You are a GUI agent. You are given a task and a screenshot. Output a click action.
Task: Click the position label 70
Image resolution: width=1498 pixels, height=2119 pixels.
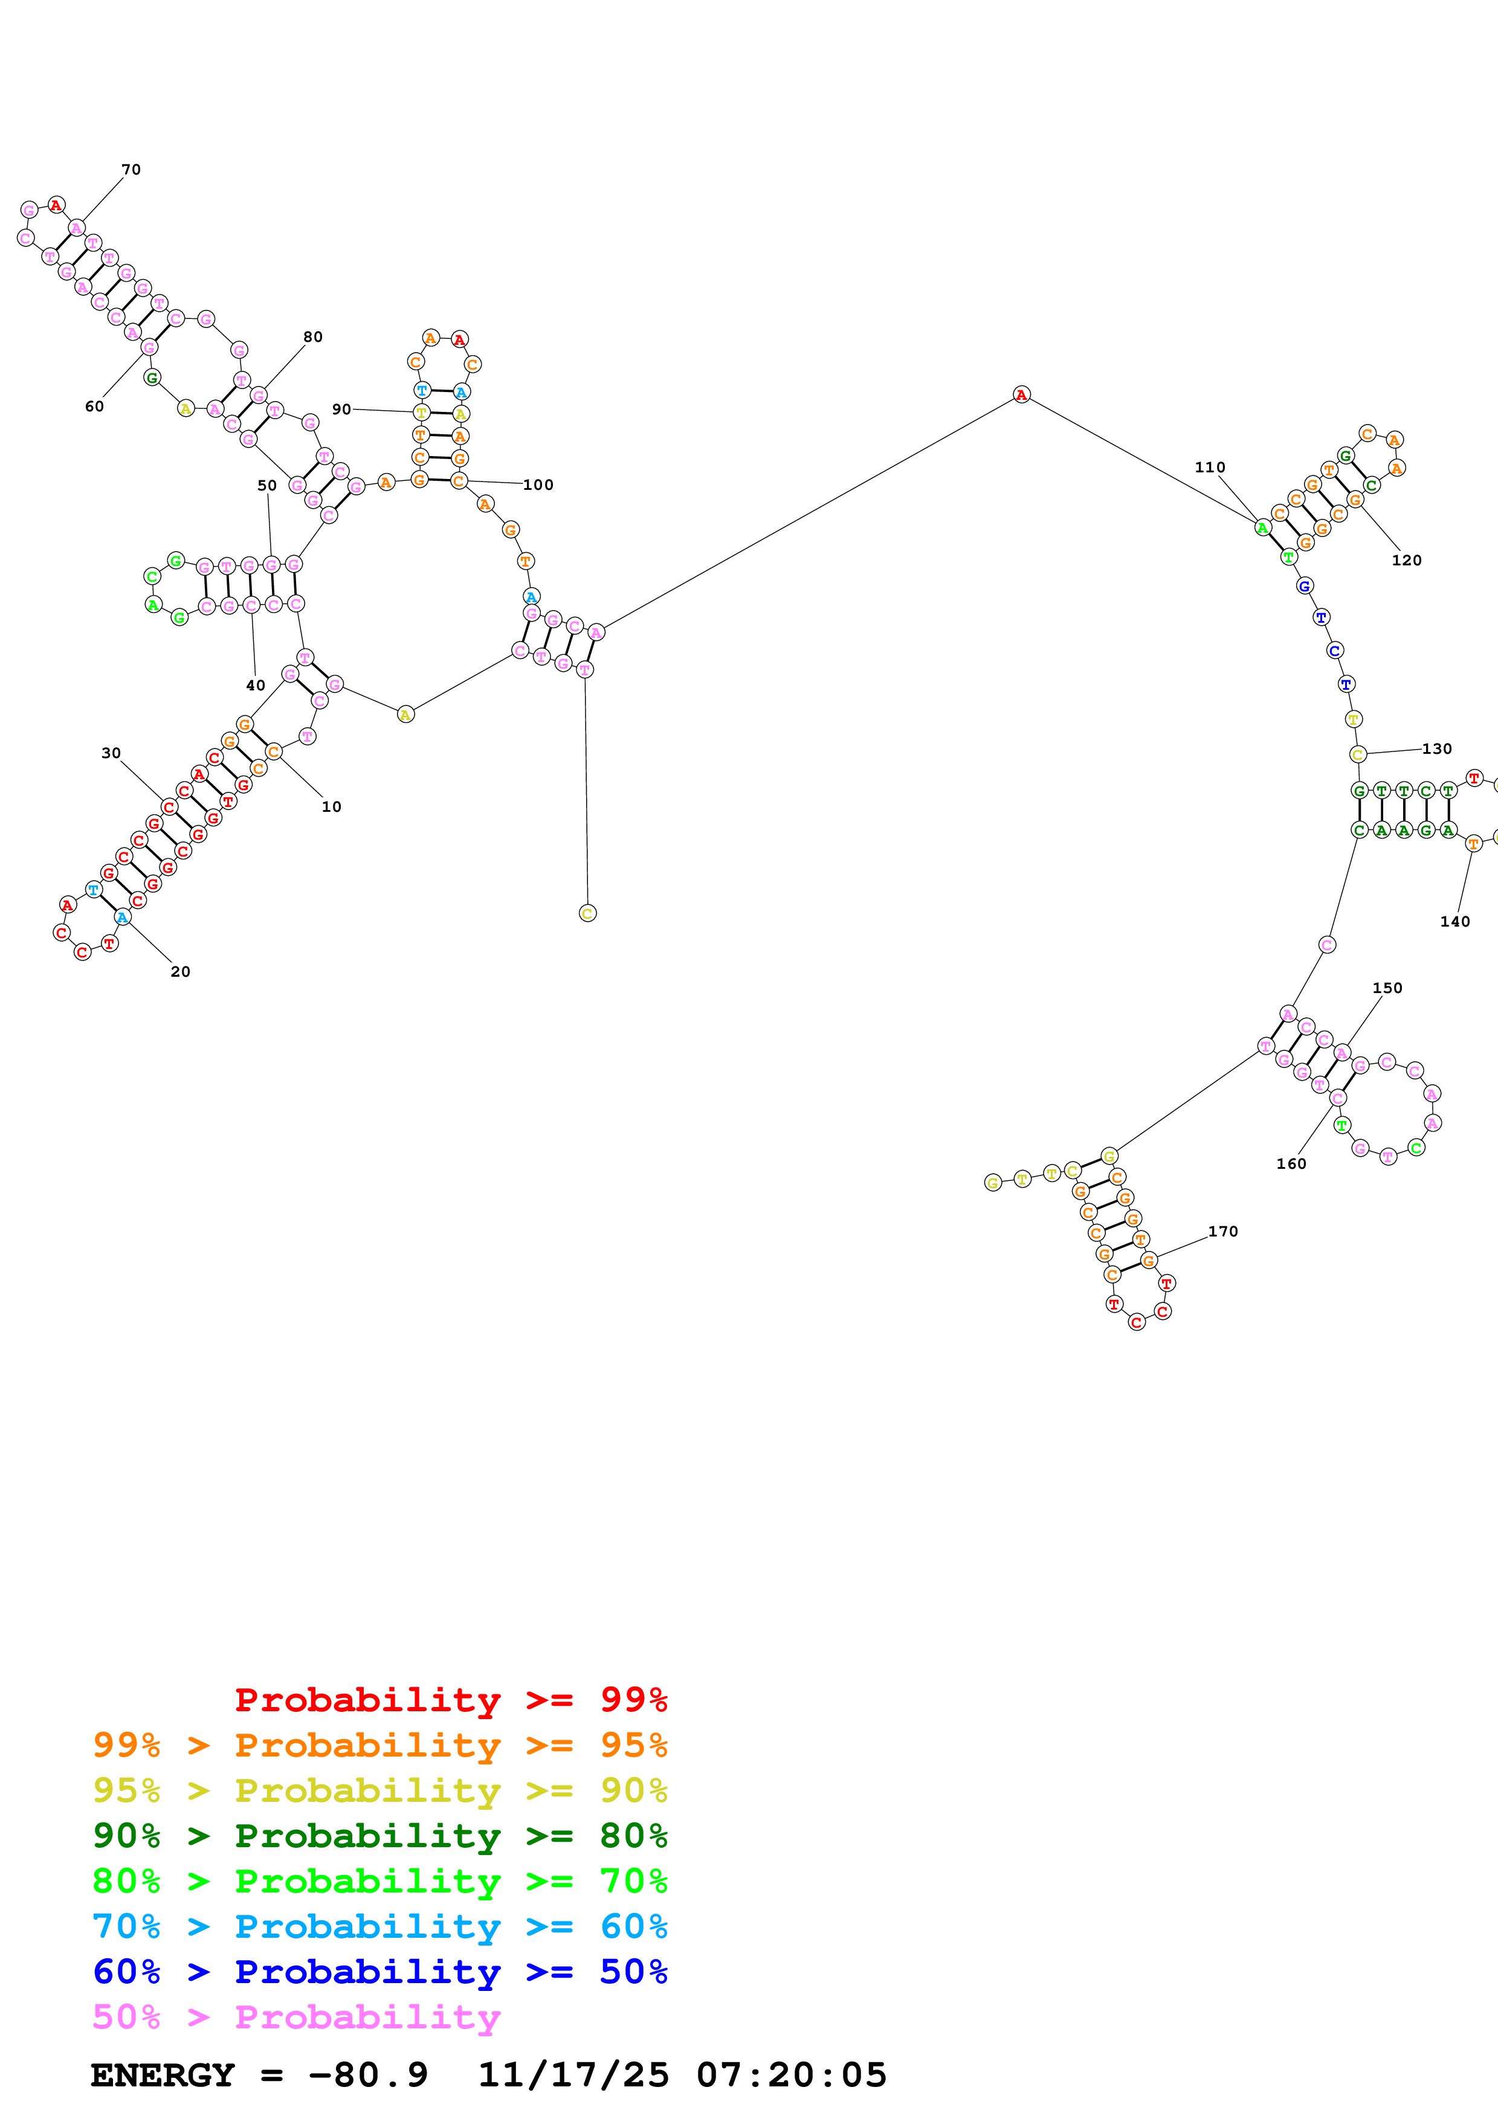(x=131, y=170)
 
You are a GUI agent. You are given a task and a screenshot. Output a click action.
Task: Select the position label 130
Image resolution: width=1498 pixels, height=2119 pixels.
(x=1436, y=748)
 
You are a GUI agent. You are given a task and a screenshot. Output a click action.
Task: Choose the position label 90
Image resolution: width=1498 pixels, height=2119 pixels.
(x=341, y=409)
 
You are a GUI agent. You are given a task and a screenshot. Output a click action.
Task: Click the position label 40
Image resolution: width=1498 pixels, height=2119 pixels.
(x=256, y=685)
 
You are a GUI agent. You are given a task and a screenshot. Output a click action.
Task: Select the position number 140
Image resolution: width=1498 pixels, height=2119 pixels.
(x=1454, y=921)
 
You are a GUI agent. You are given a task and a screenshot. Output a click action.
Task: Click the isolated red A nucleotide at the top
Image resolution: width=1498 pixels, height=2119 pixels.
(x=1021, y=395)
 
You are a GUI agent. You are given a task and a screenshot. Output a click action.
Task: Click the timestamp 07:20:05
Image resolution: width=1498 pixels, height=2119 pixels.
(x=791, y=2075)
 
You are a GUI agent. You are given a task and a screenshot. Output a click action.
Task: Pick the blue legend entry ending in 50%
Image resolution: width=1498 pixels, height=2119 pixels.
(x=379, y=1972)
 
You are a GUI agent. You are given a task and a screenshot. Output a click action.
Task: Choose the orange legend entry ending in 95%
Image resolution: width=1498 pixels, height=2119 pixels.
(x=379, y=1744)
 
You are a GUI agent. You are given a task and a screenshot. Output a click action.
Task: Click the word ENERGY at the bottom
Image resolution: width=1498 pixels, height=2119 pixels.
(x=163, y=2075)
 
